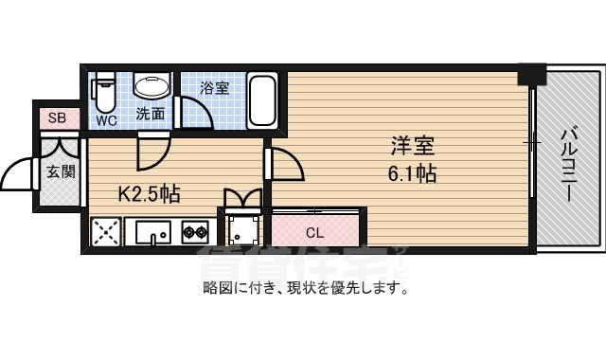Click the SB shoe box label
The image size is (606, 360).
(x=57, y=118)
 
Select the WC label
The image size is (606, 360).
(x=105, y=120)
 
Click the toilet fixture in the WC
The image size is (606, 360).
(x=104, y=95)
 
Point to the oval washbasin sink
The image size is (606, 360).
(x=151, y=87)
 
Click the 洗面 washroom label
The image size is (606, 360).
(x=151, y=114)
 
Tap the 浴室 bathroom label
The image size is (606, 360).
(x=214, y=88)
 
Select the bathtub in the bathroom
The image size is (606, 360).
(x=262, y=99)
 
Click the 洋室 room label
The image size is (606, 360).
(x=413, y=147)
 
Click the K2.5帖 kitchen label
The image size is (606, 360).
(x=149, y=194)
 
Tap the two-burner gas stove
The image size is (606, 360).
(x=195, y=230)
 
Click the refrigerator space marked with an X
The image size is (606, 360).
(x=106, y=231)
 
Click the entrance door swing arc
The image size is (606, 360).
(x=19, y=173)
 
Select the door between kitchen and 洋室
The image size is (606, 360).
(x=285, y=163)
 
